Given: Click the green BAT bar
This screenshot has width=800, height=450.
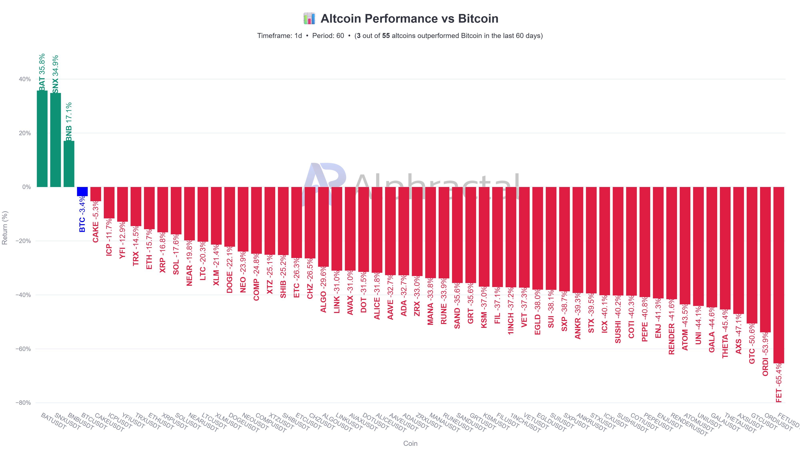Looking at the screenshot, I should [42, 139].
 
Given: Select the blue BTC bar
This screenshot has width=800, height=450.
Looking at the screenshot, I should [82, 192].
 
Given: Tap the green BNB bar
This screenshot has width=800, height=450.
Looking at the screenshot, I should [69, 164].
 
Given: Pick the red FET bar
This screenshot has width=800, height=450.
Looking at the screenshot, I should [779, 275].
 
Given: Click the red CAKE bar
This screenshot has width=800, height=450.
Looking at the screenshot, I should [96, 194].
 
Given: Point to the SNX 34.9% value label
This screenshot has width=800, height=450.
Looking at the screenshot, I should [56, 74].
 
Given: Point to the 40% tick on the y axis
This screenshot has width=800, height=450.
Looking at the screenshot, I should [25, 79].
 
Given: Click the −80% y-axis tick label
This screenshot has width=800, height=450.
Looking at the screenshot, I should [23, 403].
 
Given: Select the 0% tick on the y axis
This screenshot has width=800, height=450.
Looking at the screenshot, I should [26, 187].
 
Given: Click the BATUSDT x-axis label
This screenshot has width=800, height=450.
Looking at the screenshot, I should [53, 421].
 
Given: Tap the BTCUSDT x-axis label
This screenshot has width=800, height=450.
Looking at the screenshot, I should [94, 421].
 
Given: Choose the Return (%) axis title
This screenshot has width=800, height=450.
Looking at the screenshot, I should [5, 228].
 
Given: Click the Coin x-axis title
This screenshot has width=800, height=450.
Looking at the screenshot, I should [410, 443].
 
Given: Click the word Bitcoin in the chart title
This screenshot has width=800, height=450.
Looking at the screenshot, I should [478, 19].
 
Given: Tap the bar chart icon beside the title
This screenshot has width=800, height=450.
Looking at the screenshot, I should [309, 18].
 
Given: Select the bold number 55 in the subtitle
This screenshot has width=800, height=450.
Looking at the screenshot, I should [386, 36].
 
